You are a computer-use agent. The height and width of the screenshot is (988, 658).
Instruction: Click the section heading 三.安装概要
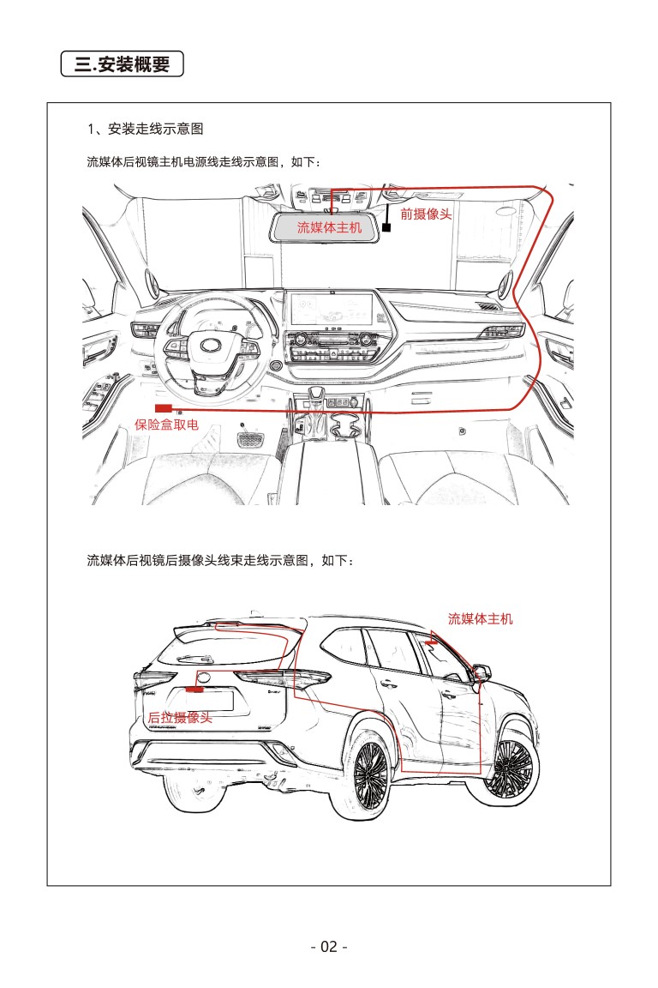123,64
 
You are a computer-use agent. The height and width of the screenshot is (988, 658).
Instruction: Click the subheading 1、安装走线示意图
145,130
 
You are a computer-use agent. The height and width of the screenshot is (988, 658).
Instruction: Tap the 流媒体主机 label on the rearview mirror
329,227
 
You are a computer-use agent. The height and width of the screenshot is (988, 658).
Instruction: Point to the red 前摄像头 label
426,214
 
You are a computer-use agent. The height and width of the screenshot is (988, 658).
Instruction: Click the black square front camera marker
386,228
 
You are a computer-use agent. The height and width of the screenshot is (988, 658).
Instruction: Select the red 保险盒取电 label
166,425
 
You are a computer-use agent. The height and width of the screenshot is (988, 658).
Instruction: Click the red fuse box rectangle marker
163,407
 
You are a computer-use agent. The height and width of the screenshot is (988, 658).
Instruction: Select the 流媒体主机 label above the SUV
480,618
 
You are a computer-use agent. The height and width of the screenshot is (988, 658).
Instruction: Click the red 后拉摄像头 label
179,718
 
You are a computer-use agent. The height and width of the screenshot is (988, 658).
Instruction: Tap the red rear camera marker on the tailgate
196,689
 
